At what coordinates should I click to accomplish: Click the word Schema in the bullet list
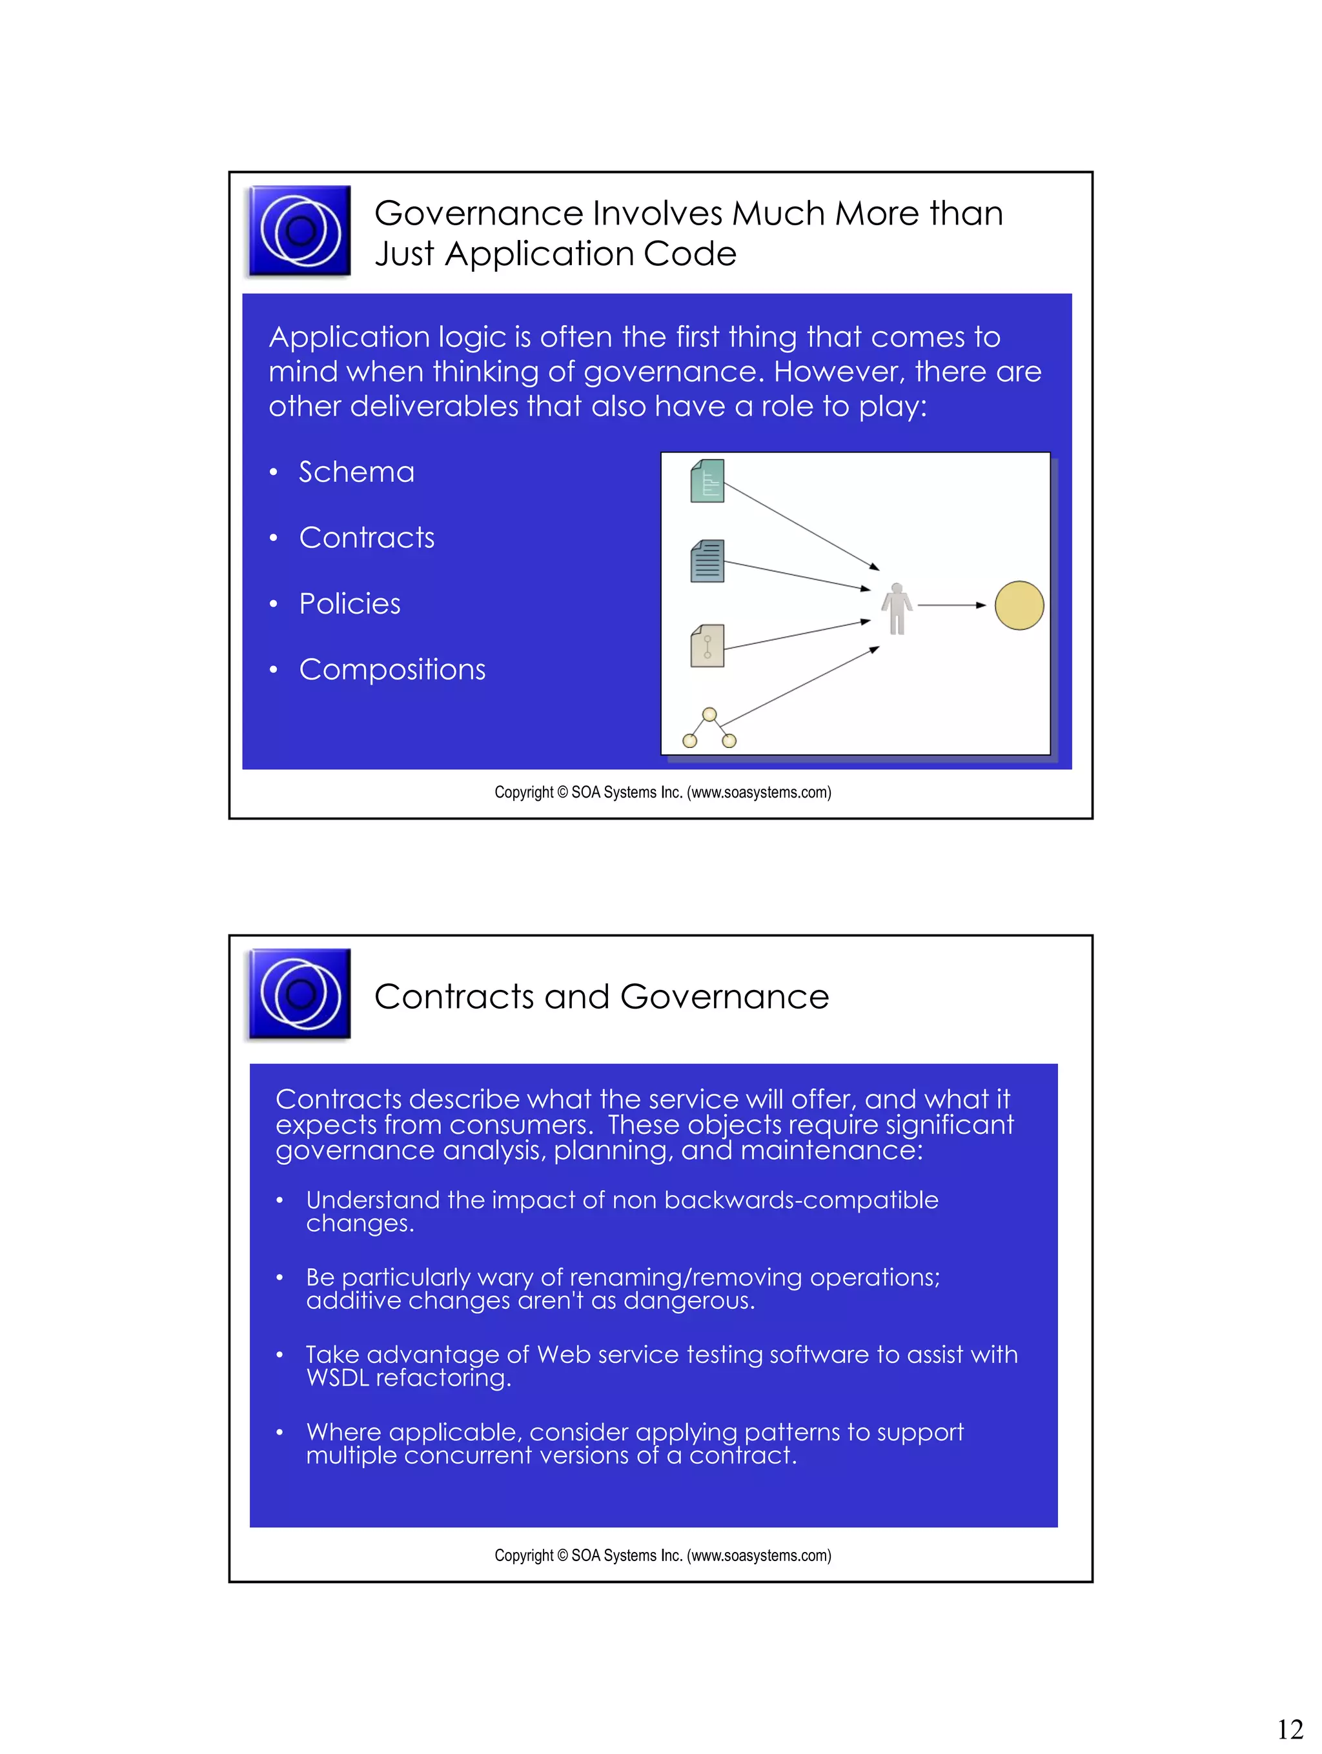pyautogui.click(x=356, y=472)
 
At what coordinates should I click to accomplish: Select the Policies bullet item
pyautogui.click(x=349, y=604)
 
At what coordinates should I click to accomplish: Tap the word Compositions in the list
pyautogui.click(x=392, y=670)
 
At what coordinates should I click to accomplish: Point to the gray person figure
pyautogui.click(x=897, y=609)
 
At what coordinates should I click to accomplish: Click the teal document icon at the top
pyautogui.click(x=707, y=481)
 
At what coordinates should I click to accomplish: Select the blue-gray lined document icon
pyautogui.click(x=707, y=561)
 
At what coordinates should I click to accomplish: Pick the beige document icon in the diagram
pyautogui.click(x=707, y=645)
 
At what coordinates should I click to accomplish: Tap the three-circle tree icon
pyautogui.click(x=709, y=729)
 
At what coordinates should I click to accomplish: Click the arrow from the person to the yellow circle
pyautogui.click(x=951, y=605)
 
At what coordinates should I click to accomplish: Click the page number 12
pyautogui.click(x=1290, y=1729)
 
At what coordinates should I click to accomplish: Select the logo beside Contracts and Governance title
pyautogui.click(x=300, y=994)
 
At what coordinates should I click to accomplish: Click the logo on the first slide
pyautogui.click(x=300, y=231)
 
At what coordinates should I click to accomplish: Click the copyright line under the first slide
pyautogui.click(x=662, y=792)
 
